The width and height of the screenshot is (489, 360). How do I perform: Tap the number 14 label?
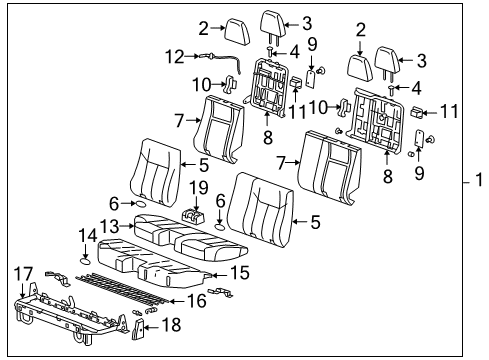pos(87,235)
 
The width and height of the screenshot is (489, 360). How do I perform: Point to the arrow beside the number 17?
pos(24,285)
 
